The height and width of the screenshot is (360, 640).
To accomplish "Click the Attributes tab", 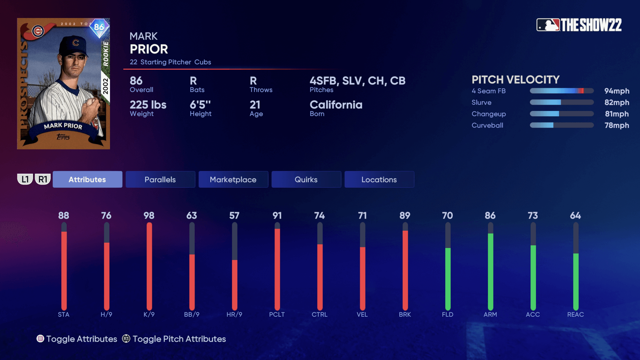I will [87, 179].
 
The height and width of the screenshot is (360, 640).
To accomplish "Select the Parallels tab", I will [160, 179].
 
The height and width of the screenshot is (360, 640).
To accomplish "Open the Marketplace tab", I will [233, 179].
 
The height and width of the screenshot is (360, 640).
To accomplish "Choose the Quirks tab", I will [306, 179].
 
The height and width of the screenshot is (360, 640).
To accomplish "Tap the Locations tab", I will [379, 179].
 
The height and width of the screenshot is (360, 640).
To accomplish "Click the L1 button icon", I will [25, 179].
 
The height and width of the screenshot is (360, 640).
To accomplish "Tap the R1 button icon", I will [43, 179].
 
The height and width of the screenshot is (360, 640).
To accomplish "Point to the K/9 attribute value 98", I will [149, 215].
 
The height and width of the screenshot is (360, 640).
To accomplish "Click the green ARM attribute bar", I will [490, 271].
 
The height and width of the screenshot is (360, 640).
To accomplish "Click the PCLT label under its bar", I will [277, 314].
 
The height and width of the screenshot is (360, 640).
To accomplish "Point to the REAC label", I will [575, 314].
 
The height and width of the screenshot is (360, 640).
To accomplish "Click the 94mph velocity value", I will [617, 91].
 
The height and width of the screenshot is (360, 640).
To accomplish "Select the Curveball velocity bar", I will [562, 125].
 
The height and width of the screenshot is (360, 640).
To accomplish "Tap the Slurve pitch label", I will [481, 102].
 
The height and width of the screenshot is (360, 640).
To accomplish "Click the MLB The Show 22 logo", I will [579, 25].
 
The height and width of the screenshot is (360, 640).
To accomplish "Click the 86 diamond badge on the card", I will [99, 27].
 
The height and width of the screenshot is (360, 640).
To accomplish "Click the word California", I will [336, 105].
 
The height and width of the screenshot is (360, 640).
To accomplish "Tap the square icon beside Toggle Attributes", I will [40, 339].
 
